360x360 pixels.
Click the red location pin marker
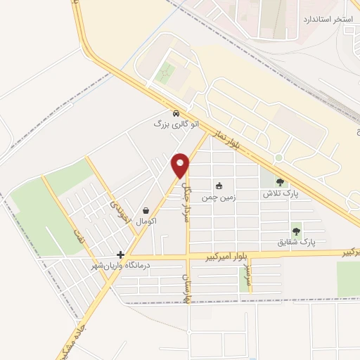click(x=181, y=165)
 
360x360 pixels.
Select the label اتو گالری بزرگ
click(x=176, y=124)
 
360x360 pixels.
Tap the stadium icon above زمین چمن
click(x=219, y=186)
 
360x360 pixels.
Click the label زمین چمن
click(x=218, y=198)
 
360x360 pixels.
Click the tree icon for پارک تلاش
click(x=281, y=182)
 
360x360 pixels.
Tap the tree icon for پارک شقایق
click(x=296, y=230)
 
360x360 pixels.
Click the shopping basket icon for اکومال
click(x=146, y=210)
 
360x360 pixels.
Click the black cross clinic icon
click(x=121, y=255)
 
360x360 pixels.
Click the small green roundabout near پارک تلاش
click(x=278, y=157)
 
